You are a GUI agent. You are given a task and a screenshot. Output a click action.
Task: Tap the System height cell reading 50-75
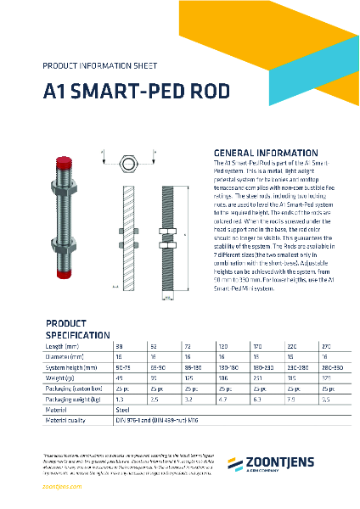tap(123, 366)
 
